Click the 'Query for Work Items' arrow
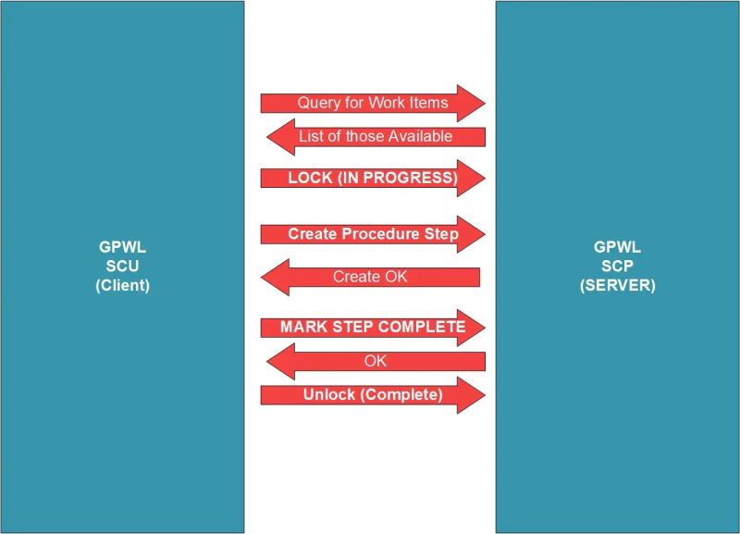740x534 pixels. click(x=372, y=103)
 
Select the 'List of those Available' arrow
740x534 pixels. click(x=376, y=137)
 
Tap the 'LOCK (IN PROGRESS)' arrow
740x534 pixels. click(x=372, y=178)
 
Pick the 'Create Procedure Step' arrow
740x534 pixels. click(x=372, y=234)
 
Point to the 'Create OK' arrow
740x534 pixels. click(x=370, y=277)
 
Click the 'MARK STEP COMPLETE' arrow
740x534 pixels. click(x=372, y=327)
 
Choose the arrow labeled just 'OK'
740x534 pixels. click(x=375, y=361)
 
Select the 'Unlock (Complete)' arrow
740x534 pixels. click(x=372, y=395)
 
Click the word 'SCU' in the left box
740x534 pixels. click(x=122, y=267)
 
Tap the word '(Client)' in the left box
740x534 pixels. click(x=122, y=286)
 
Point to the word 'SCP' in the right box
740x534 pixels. click(x=617, y=267)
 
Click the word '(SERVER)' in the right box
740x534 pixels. click(x=617, y=286)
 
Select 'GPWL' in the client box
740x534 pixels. click(x=122, y=248)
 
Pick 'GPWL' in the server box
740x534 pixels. click(x=617, y=248)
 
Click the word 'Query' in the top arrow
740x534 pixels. click(x=318, y=103)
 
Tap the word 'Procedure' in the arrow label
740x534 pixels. click(x=379, y=234)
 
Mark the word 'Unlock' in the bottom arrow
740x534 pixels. click(x=328, y=395)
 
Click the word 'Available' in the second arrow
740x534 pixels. click(x=420, y=137)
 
